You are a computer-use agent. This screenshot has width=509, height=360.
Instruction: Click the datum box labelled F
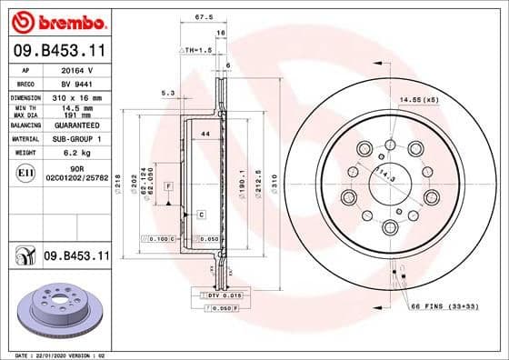point(169,185)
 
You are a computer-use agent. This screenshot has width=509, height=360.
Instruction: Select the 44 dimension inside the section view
point(205,135)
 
